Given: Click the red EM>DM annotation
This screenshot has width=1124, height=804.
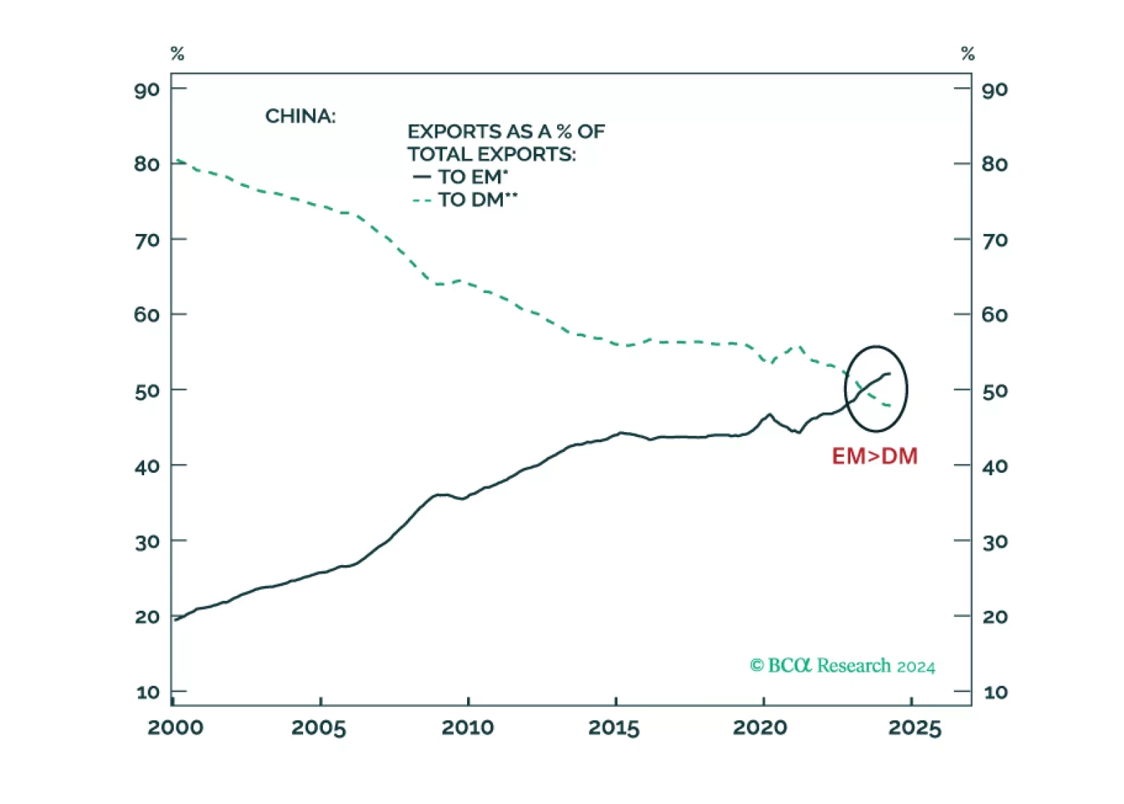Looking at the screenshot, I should click(874, 456).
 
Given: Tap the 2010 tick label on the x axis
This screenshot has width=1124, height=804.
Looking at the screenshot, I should click(468, 727).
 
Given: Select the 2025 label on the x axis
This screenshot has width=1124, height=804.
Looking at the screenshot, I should click(914, 727).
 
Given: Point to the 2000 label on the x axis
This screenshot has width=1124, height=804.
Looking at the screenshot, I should click(175, 727).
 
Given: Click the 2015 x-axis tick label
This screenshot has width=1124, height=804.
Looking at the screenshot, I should click(614, 727).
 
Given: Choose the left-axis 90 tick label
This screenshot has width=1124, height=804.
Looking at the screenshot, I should click(147, 90).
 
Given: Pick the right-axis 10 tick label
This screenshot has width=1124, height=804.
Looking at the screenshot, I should click(995, 692).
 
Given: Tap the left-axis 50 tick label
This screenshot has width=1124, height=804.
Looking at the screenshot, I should click(147, 391).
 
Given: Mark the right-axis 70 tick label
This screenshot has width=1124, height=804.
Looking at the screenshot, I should click(995, 240).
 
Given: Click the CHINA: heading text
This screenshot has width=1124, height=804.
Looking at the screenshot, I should click(300, 116).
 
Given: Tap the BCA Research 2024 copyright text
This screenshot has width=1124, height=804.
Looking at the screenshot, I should click(842, 666).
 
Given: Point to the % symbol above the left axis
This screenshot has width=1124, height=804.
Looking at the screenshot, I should click(177, 53).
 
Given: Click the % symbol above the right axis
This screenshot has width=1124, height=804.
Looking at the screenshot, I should click(968, 53).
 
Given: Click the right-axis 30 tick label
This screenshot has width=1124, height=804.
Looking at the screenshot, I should click(995, 542).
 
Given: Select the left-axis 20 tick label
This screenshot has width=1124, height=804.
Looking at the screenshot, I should click(147, 617).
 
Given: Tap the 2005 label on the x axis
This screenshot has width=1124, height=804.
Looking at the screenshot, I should click(319, 727).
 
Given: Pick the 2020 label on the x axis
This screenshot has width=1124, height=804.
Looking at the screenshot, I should click(760, 727).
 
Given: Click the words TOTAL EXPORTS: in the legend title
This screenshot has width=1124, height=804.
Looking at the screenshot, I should click(491, 155).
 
